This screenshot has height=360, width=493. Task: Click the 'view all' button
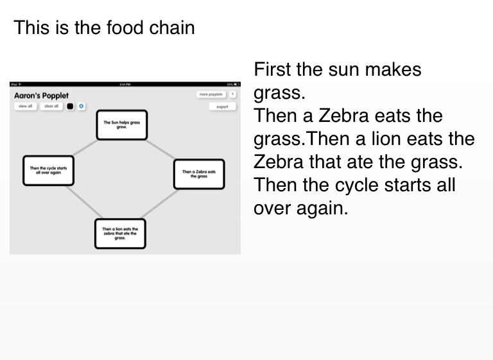coord(25,106)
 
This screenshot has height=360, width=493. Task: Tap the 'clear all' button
coord(51,106)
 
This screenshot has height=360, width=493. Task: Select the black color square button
coord(70,106)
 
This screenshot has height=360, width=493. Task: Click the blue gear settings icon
coord(82,106)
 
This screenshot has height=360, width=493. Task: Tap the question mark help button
coord(232,94)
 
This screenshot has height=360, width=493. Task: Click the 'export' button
coord(222,107)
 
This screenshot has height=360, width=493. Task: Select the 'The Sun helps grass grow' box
coord(121,124)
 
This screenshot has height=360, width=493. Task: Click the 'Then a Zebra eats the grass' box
coord(199,174)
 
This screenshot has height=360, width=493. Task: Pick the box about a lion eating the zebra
coord(120,233)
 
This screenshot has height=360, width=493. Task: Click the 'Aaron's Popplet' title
coord(41,96)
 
